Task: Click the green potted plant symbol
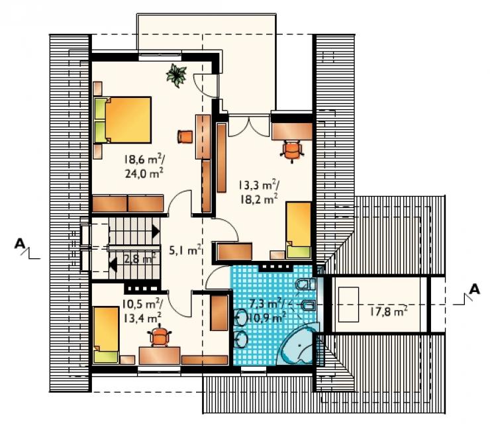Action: tap(177, 75)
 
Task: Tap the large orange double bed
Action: tap(122, 120)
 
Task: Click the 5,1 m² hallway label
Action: tap(184, 250)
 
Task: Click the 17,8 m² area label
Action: tap(389, 312)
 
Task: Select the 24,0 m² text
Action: tap(144, 173)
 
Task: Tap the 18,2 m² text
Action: tap(259, 199)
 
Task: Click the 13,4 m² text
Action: tap(142, 318)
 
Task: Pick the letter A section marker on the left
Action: tap(20, 244)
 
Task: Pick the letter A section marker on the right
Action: tap(474, 289)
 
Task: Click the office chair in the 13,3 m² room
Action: tap(293, 150)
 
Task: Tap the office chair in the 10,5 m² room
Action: tap(160, 336)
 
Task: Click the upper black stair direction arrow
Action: tap(156, 232)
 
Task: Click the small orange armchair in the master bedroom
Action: tap(185, 137)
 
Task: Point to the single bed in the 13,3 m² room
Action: tap(299, 230)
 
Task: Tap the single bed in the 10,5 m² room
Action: tap(106, 335)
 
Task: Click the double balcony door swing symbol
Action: tap(249, 126)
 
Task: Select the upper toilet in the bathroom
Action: tap(305, 285)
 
